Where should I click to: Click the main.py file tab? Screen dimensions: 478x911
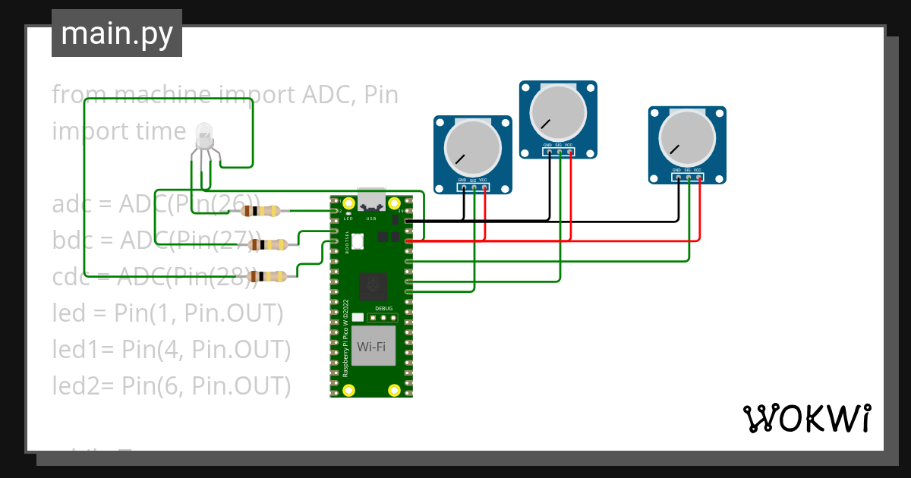116,33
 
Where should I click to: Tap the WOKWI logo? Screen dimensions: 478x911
806,418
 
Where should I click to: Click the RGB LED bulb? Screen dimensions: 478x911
203,137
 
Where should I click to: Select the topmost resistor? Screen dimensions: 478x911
266,211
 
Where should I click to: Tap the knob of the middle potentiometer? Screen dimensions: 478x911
558,114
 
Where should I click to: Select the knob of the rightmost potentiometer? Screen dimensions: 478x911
687,140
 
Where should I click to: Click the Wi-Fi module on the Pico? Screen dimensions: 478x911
372,346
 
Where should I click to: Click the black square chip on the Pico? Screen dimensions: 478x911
371,286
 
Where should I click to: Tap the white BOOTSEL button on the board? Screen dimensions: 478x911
358,241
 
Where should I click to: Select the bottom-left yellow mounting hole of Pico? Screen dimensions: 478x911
348,390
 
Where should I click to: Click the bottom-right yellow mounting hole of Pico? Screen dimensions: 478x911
394,390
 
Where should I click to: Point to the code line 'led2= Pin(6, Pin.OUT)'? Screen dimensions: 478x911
172,385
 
